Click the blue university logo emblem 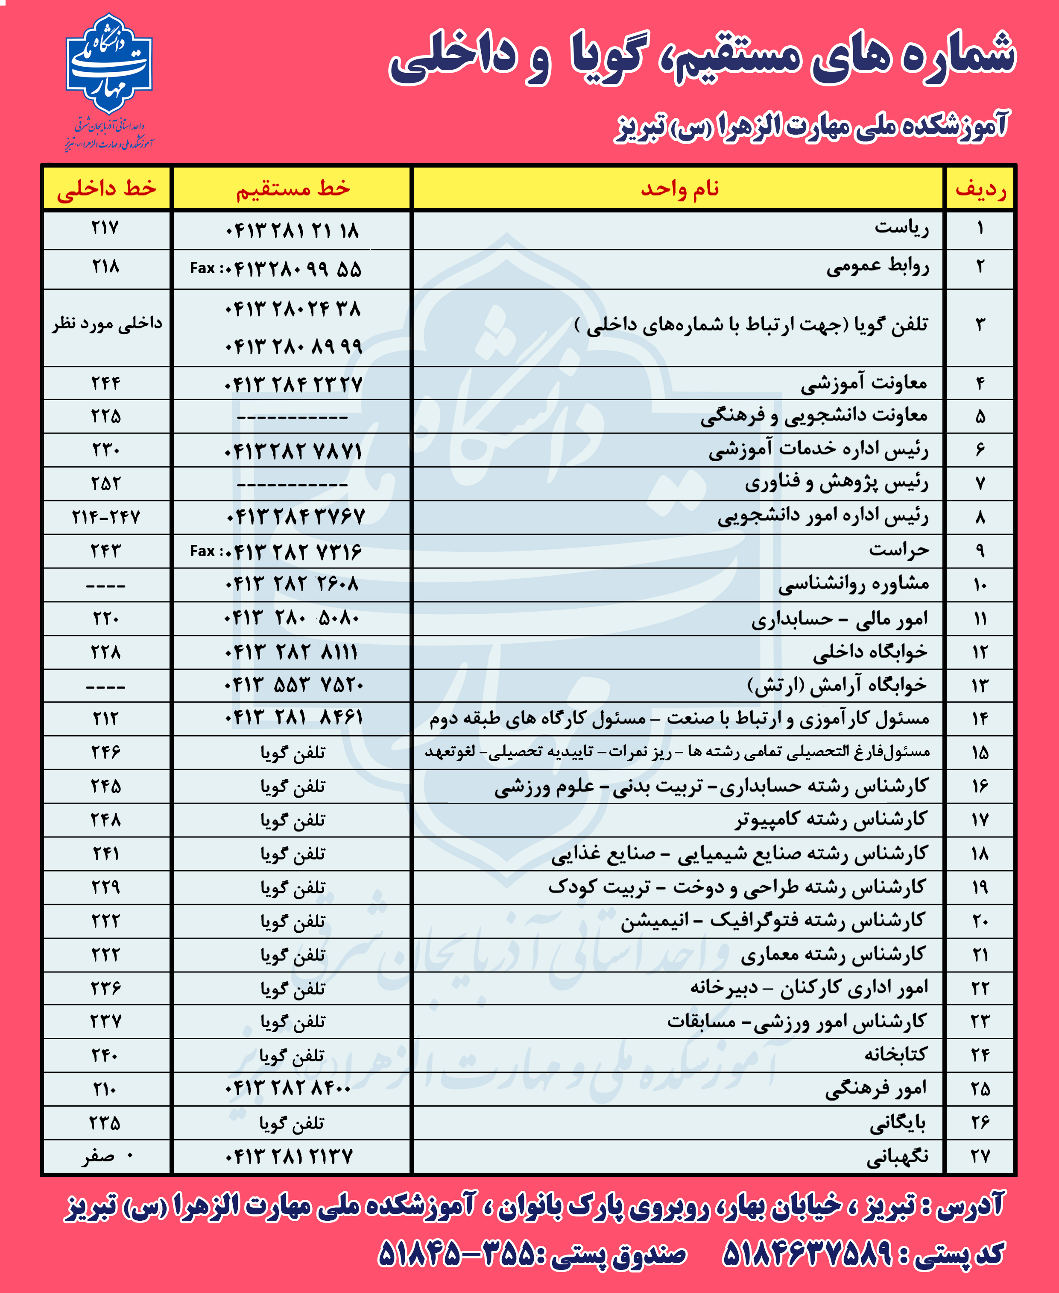108,65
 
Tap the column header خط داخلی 107,189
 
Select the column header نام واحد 679,189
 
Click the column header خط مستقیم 293,189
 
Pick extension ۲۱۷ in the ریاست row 105,228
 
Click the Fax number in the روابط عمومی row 276,268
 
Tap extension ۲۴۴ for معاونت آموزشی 105,383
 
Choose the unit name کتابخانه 895,1055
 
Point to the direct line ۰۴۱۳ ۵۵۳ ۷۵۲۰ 293,685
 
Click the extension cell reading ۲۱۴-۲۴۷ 105,518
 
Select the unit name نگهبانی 897,1156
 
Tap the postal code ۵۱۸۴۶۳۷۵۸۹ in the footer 807,1254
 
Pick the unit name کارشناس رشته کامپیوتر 831,819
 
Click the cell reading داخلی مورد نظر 107,324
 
